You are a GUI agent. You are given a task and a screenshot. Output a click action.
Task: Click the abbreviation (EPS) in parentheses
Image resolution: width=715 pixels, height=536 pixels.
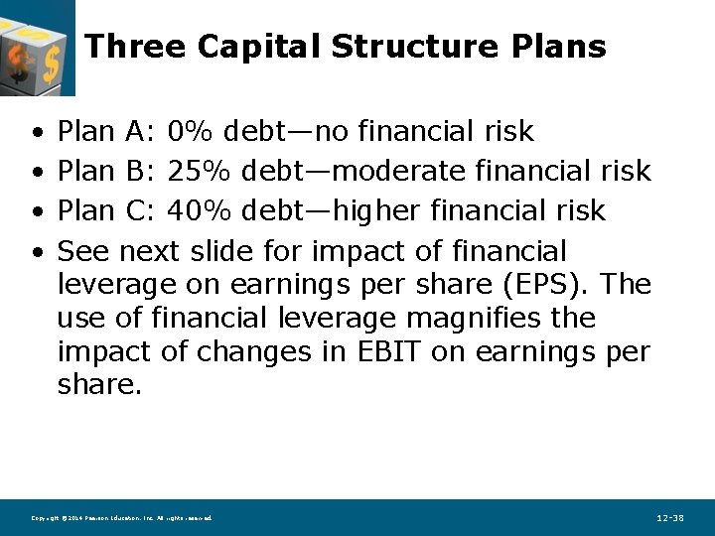tap(546, 285)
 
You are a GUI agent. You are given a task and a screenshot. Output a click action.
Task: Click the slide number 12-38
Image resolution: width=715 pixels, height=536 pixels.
tap(670, 518)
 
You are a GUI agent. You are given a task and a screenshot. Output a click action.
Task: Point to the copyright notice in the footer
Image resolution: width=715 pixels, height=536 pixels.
tap(121, 518)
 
